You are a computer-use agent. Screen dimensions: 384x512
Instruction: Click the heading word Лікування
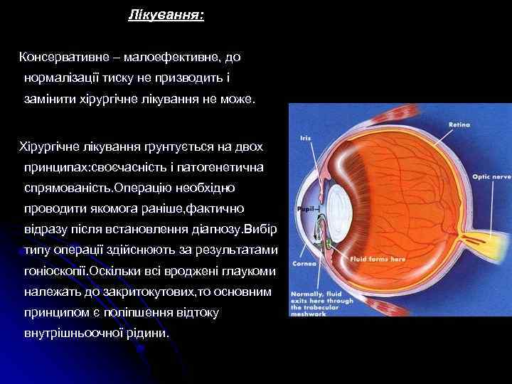(165, 15)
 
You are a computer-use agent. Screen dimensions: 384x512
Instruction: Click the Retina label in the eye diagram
(459, 124)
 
